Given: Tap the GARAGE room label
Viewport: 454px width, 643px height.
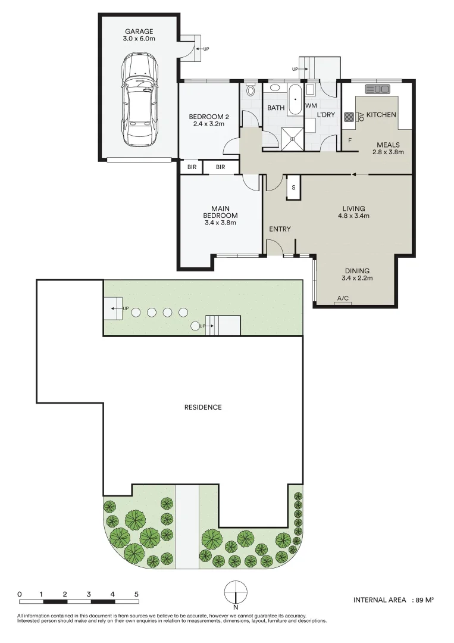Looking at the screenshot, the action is click(x=139, y=31).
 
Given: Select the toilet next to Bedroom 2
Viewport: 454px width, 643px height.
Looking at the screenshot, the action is click(x=251, y=90).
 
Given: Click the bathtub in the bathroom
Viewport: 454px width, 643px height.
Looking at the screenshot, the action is click(x=294, y=99).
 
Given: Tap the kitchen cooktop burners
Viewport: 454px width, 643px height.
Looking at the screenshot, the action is click(x=349, y=117).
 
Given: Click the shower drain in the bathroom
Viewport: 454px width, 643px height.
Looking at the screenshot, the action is click(x=293, y=139).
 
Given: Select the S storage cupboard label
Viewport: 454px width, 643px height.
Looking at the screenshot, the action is click(x=293, y=188).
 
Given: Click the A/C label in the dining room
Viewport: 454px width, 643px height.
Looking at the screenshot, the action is click(x=343, y=298).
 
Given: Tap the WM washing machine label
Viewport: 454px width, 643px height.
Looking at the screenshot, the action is click(x=311, y=106).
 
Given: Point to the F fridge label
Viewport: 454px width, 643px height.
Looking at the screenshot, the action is click(x=350, y=141).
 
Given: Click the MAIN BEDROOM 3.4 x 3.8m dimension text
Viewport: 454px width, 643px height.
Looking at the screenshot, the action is click(x=220, y=223).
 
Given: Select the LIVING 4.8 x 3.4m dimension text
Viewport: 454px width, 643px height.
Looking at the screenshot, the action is click(x=353, y=216).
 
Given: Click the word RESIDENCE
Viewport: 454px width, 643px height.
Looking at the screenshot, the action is click(x=203, y=407).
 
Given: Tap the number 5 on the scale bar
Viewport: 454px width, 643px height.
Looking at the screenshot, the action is click(x=136, y=594).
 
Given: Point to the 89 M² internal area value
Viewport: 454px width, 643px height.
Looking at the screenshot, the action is click(x=424, y=600).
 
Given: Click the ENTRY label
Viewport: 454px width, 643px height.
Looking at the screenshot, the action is click(x=280, y=229).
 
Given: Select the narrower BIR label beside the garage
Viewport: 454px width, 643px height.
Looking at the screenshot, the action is click(x=192, y=167).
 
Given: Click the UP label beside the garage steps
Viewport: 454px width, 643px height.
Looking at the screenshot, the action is click(x=206, y=49).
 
